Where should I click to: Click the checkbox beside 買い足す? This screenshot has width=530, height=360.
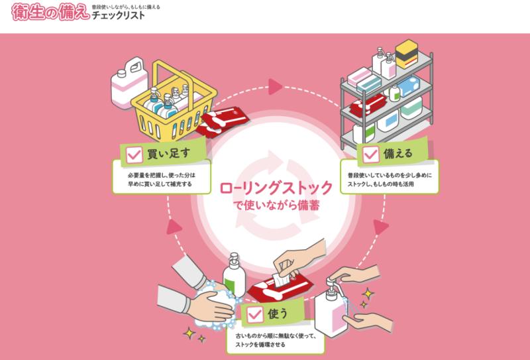pos(134,154)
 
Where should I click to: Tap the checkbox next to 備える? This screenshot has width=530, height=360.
pos(371,154)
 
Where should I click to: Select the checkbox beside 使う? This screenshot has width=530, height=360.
pos(255,315)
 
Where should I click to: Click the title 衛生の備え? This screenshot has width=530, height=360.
pos(50,12)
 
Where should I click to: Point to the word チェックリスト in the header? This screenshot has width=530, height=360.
pos(119,15)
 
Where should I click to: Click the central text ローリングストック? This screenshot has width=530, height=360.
pos(276,188)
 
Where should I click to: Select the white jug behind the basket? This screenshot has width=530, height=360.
pos(129,82)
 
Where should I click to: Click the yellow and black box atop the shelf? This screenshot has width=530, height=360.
pos(407,54)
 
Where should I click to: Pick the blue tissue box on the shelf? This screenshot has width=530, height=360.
pos(409,86)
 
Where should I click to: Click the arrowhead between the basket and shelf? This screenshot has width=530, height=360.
pos(275,87)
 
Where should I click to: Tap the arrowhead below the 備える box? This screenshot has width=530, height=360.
pos(381,227)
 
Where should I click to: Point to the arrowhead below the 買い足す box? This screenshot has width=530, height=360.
pos(174,227)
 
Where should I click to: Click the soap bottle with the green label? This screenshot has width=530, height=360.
pos(234,275)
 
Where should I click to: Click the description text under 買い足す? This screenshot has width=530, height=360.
pos(162,180)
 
